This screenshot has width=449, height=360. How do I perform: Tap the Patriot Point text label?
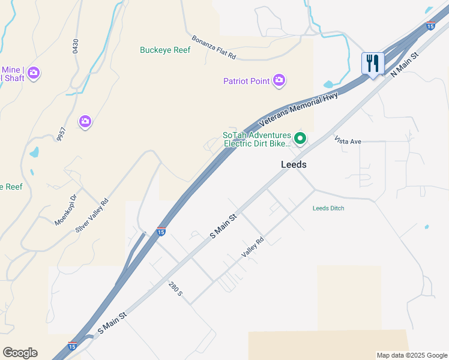(246, 81)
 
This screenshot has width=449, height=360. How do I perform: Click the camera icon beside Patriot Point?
(279, 80)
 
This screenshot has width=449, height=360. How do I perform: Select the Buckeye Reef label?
(165, 50)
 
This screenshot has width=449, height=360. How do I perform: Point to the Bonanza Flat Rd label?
(214, 47)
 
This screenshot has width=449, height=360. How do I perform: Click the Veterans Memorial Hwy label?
(298, 109)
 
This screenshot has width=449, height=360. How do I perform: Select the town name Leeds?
(294, 164)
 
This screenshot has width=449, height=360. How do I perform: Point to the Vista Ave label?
(348, 141)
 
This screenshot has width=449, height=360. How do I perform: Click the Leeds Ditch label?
(328, 209)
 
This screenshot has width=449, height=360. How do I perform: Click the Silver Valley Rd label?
(92, 216)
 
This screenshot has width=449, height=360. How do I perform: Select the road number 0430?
(76, 47)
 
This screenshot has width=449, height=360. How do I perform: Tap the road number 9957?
(60, 134)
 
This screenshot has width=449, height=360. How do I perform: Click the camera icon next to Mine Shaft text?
(34, 73)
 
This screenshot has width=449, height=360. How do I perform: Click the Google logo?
(20, 353)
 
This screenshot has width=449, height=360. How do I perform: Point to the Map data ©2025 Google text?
(411, 355)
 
